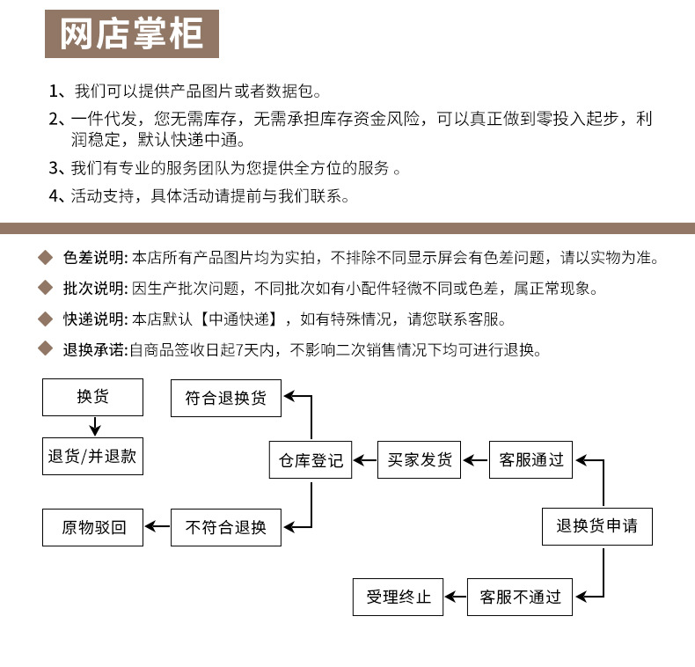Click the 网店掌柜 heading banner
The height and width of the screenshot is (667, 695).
pos(131,34)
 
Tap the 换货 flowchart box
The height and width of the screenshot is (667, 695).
pos(92,397)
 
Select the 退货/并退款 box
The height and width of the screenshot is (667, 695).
pos(92,457)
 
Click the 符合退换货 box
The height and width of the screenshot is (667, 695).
pos(225,398)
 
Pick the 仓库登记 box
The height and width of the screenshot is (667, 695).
pos(310,460)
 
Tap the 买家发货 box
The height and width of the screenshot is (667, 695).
pos(420,460)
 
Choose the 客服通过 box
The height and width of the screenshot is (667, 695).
pos(530,460)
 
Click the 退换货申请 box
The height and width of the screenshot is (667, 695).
pos(596,527)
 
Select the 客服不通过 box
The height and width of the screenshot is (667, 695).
pos(520,597)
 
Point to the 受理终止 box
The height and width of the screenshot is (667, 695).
pos(398,597)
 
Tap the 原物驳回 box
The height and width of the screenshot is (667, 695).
pos(93,527)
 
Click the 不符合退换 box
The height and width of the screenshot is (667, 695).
pos(225,527)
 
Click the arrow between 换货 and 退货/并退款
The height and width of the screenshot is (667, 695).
pos(93,427)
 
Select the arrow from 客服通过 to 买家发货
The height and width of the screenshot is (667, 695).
pos(475,460)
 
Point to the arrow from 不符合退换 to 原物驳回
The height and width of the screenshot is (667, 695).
pos(157,527)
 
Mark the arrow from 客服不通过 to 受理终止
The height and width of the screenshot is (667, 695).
pos(455,597)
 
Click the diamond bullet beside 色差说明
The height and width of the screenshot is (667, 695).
pos(47,258)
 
